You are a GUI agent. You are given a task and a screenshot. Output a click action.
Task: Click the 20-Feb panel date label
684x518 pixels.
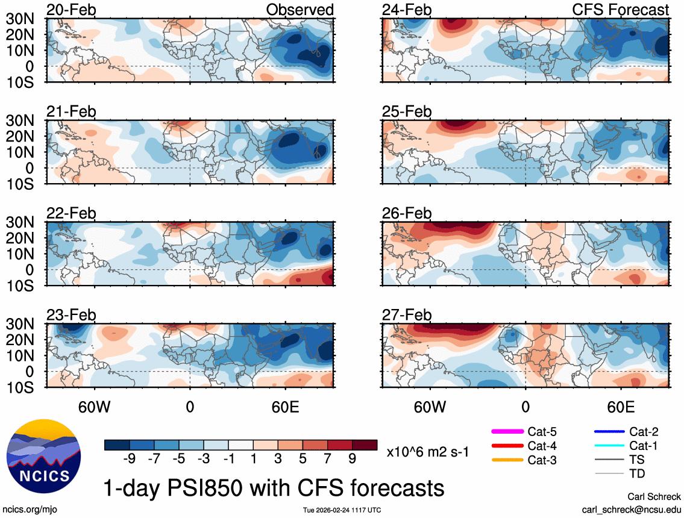click(71, 10)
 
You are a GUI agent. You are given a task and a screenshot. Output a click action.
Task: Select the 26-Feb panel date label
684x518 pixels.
click(407, 214)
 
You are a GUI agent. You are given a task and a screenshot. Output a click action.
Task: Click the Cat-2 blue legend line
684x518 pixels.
click(608, 431)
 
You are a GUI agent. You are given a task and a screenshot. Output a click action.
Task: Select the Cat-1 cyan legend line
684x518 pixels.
click(608, 446)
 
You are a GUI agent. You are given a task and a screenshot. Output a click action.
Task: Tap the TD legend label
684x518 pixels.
click(637, 474)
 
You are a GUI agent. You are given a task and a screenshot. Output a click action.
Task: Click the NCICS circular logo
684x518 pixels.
click(43, 455)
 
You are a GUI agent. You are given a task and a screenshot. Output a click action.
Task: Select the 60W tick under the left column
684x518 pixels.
click(94, 406)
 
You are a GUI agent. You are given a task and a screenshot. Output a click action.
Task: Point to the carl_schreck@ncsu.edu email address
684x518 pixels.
click(631, 510)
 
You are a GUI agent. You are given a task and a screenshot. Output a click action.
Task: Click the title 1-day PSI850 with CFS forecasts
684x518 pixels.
click(274, 486)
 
